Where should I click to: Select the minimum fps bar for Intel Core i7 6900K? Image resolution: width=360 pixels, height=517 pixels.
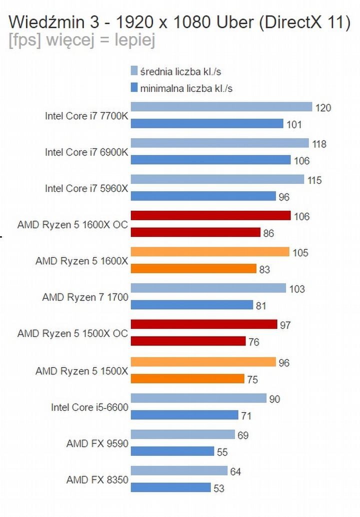210,160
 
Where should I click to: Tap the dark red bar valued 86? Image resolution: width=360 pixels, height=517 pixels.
195,232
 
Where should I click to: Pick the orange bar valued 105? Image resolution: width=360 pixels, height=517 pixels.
210,252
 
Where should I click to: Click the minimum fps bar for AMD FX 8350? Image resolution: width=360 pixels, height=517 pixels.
170,487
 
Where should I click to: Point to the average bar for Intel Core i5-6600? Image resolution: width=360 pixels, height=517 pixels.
198,398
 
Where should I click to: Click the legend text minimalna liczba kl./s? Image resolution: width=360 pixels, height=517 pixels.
186,89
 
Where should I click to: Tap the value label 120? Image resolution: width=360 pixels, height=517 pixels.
323,107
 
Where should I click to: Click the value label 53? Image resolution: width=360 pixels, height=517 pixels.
219,488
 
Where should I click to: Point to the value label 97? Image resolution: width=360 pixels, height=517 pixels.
285,325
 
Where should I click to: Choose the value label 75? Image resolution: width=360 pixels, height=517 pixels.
252,380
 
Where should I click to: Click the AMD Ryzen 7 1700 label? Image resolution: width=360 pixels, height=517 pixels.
85,297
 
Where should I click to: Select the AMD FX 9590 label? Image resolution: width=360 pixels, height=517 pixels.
97,443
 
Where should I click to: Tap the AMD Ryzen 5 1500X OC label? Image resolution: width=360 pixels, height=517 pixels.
72,333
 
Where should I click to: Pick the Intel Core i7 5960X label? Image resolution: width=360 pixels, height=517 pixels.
86,188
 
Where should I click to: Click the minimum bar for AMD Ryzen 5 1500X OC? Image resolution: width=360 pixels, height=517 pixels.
188,341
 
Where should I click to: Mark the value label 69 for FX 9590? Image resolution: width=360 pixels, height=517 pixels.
243,435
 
